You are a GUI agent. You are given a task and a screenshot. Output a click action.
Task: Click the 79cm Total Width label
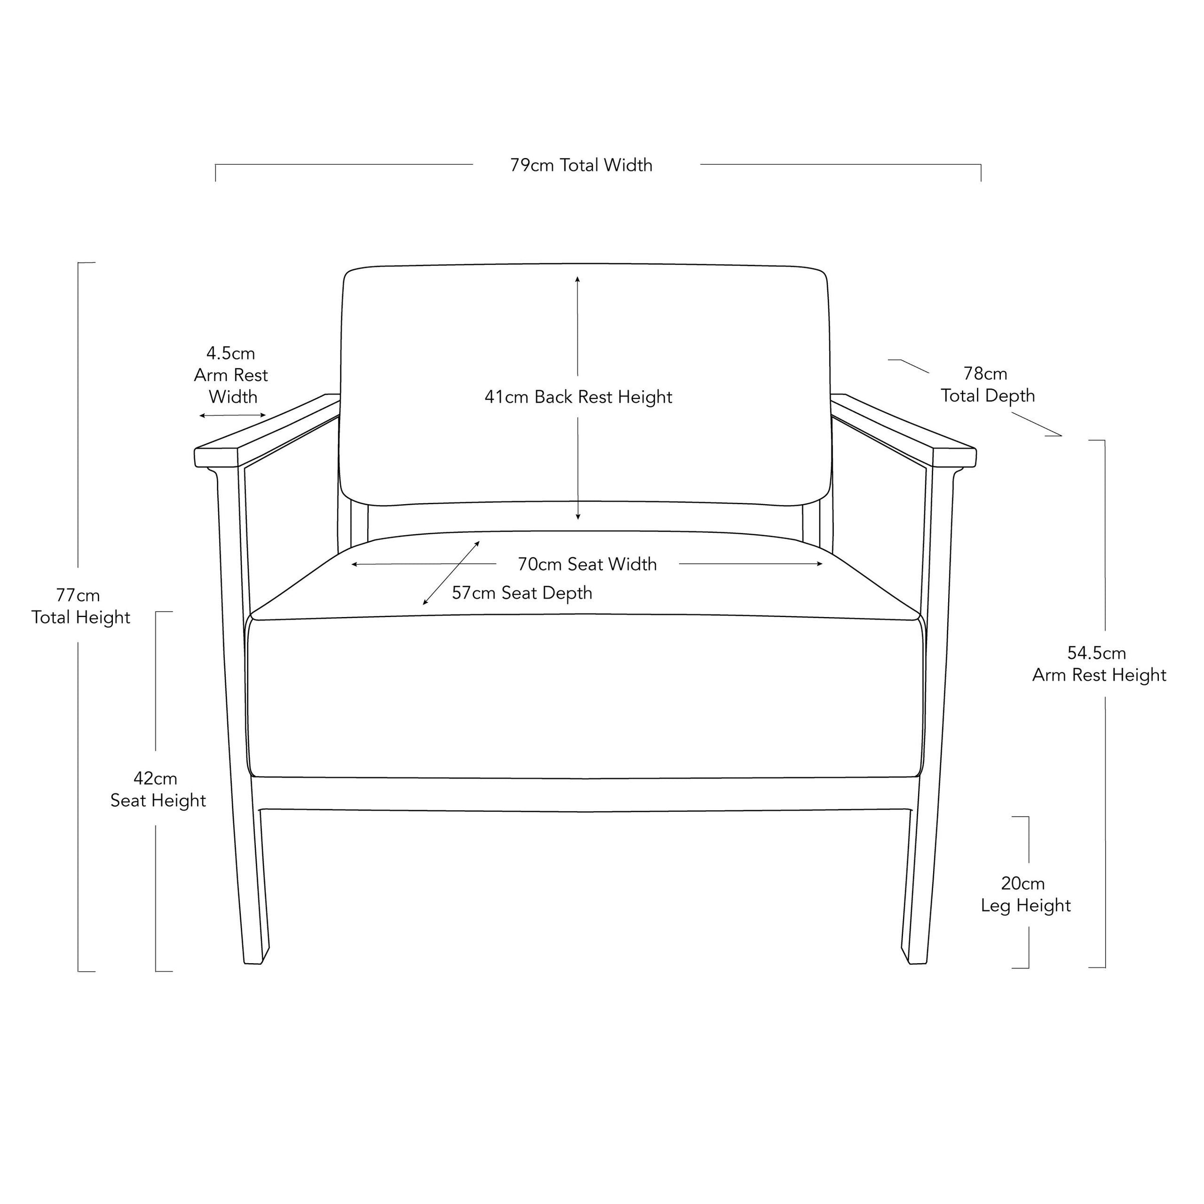pos(581,165)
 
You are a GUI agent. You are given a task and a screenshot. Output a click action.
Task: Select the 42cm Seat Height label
pos(158,790)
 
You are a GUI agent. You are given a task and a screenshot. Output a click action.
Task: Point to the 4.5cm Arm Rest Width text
pos(231,375)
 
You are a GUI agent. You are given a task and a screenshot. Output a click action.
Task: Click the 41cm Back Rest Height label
pos(578,397)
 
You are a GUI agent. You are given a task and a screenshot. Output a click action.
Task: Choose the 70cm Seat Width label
pos(587,564)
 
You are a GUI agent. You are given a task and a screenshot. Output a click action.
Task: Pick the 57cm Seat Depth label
pos(522,592)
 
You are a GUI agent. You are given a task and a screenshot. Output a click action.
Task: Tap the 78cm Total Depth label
pos(988,384)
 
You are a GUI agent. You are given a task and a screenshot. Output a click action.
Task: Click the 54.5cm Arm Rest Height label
pos(1099,664)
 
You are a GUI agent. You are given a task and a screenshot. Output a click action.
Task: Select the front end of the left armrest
pos(216,458)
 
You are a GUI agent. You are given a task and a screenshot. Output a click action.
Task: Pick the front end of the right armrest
pos(955,458)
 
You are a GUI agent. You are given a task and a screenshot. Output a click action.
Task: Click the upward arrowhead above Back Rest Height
pos(578,279)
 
